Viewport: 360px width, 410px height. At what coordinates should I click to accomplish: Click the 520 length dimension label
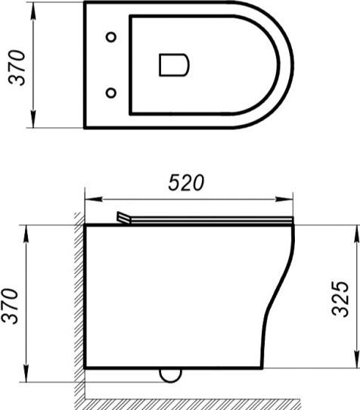pyautogui.click(x=186, y=182)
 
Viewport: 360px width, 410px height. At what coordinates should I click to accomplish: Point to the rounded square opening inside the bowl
pyautogui.click(x=174, y=65)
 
